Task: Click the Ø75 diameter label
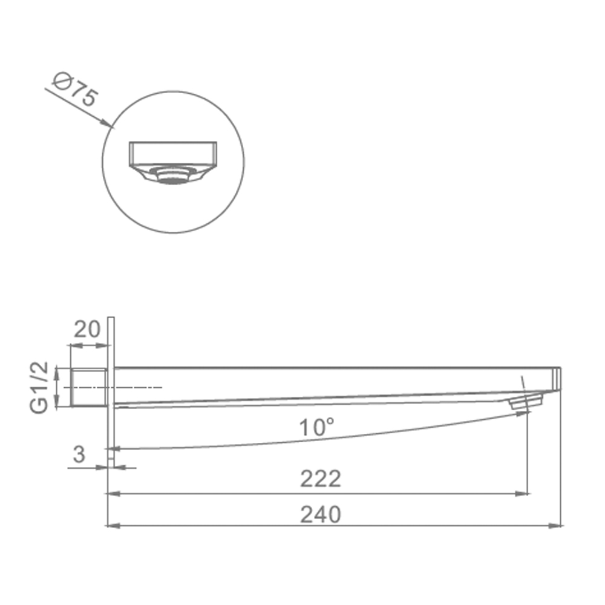click(75, 90)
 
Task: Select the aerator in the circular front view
click(172, 175)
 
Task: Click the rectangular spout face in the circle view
click(172, 154)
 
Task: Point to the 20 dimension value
click(87, 329)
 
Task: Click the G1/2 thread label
click(39, 387)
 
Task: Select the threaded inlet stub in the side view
click(89, 387)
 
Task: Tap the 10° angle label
click(316, 427)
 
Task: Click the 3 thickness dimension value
click(79, 454)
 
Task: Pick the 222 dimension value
click(320, 479)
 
